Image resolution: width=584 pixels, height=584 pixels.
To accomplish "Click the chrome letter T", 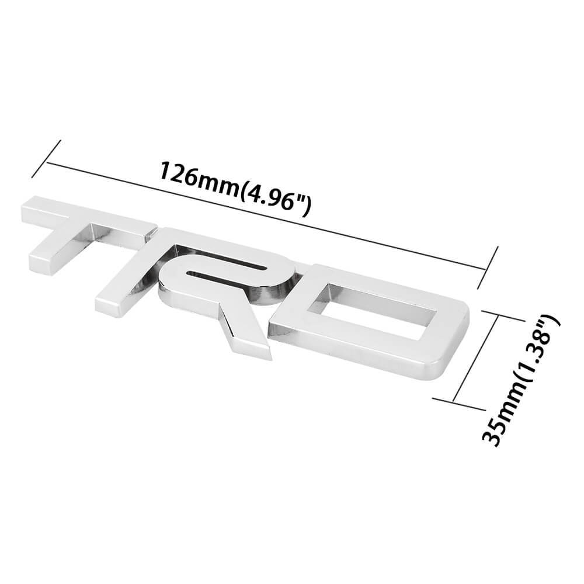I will [x=88, y=245].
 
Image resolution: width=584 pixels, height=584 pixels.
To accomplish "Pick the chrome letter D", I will [x=374, y=321].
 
